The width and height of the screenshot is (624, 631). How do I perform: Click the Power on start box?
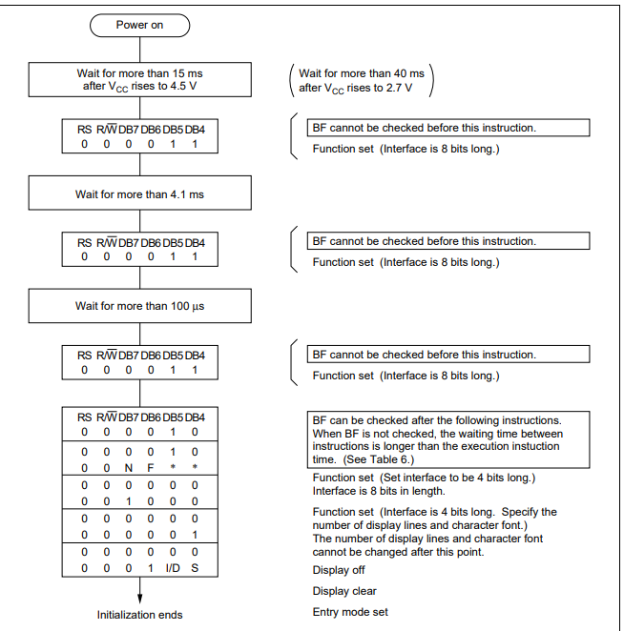tap(139, 25)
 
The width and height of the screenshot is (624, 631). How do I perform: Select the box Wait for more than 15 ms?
tap(139, 80)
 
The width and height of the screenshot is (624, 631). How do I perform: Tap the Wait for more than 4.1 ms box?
tap(139, 194)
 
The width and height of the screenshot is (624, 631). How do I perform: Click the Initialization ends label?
tap(139, 615)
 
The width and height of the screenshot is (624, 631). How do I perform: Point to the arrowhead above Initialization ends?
tap(139, 597)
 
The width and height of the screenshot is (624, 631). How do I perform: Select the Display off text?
tap(339, 570)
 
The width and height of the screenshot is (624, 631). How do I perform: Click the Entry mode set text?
tap(350, 612)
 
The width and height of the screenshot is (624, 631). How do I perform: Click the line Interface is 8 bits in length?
tap(378, 491)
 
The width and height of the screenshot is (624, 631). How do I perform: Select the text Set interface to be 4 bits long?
tap(463, 478)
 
